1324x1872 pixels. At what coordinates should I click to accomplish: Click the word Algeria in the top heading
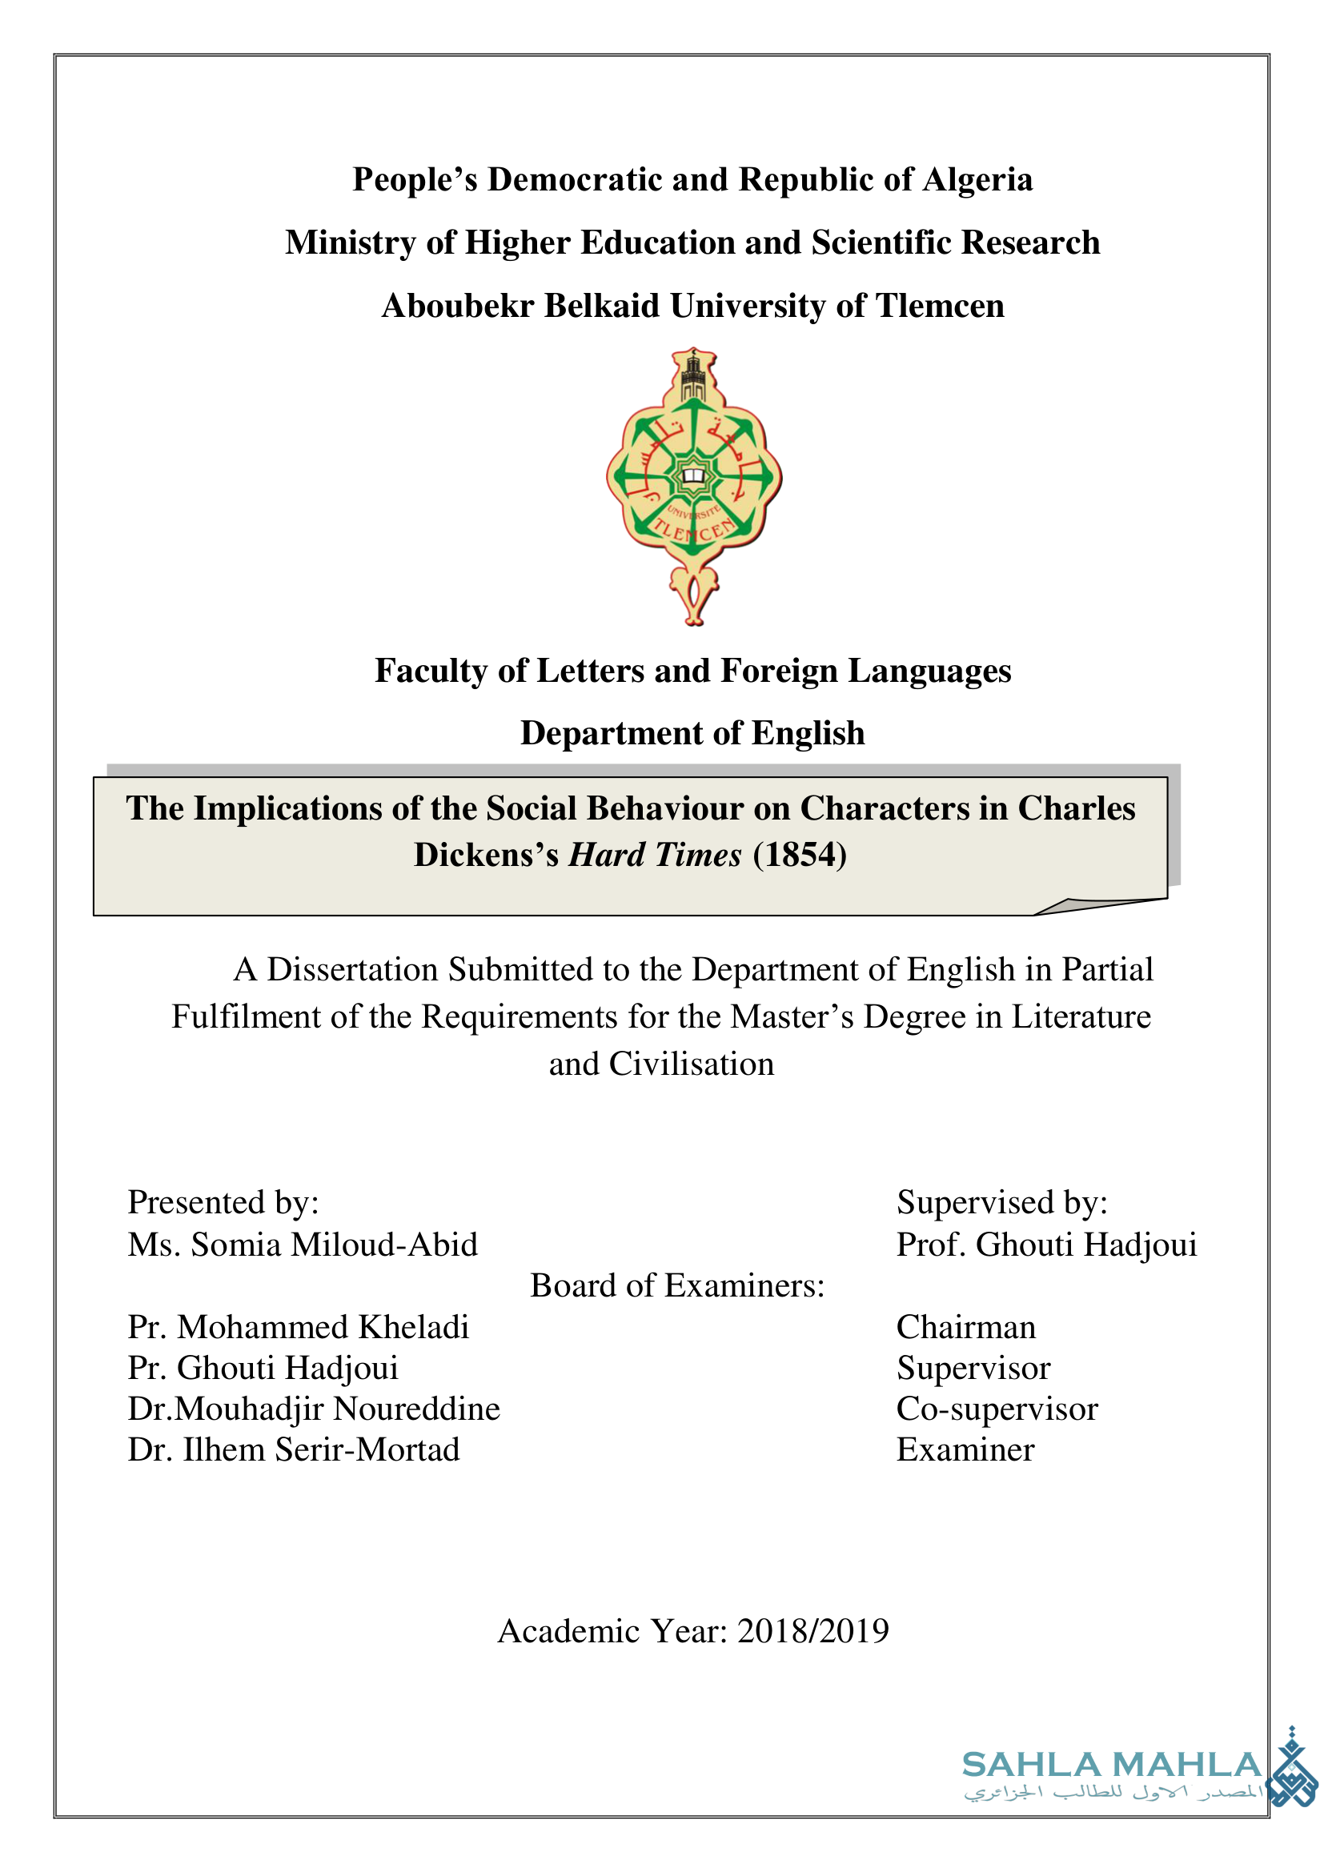[x=977, y=180]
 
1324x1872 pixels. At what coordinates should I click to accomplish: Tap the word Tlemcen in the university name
[x=939, y=307]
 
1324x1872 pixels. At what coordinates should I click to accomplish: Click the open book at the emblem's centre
[x=693, y=475]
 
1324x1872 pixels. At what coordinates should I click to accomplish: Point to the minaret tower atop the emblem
[x=693, y=377]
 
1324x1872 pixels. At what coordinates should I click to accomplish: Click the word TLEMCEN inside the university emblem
[x=694, y=531]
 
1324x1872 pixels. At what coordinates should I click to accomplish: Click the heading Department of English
[x=692, y=734]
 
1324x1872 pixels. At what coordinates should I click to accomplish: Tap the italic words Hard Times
[x=655, y=856]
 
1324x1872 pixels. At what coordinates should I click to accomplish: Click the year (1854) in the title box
[x=800, y=856]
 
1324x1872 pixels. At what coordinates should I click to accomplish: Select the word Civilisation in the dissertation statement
[x=692, y=1064]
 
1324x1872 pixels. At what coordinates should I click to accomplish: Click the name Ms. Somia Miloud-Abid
[x=303, y=1245]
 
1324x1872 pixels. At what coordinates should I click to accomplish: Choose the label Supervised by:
[x=1002, y=1203]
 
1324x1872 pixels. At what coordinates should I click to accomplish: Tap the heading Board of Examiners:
[x=677, y=1286]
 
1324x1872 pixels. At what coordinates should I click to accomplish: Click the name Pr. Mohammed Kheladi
[x=299, y=1327]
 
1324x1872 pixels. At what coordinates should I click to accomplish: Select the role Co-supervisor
[x=997, y=1409]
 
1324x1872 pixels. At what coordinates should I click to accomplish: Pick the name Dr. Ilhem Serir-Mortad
[x=294, y=1449]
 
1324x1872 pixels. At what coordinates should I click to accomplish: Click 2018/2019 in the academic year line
[x=812, y=1630]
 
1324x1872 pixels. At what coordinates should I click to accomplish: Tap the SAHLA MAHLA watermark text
[x=1112, y=1766]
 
